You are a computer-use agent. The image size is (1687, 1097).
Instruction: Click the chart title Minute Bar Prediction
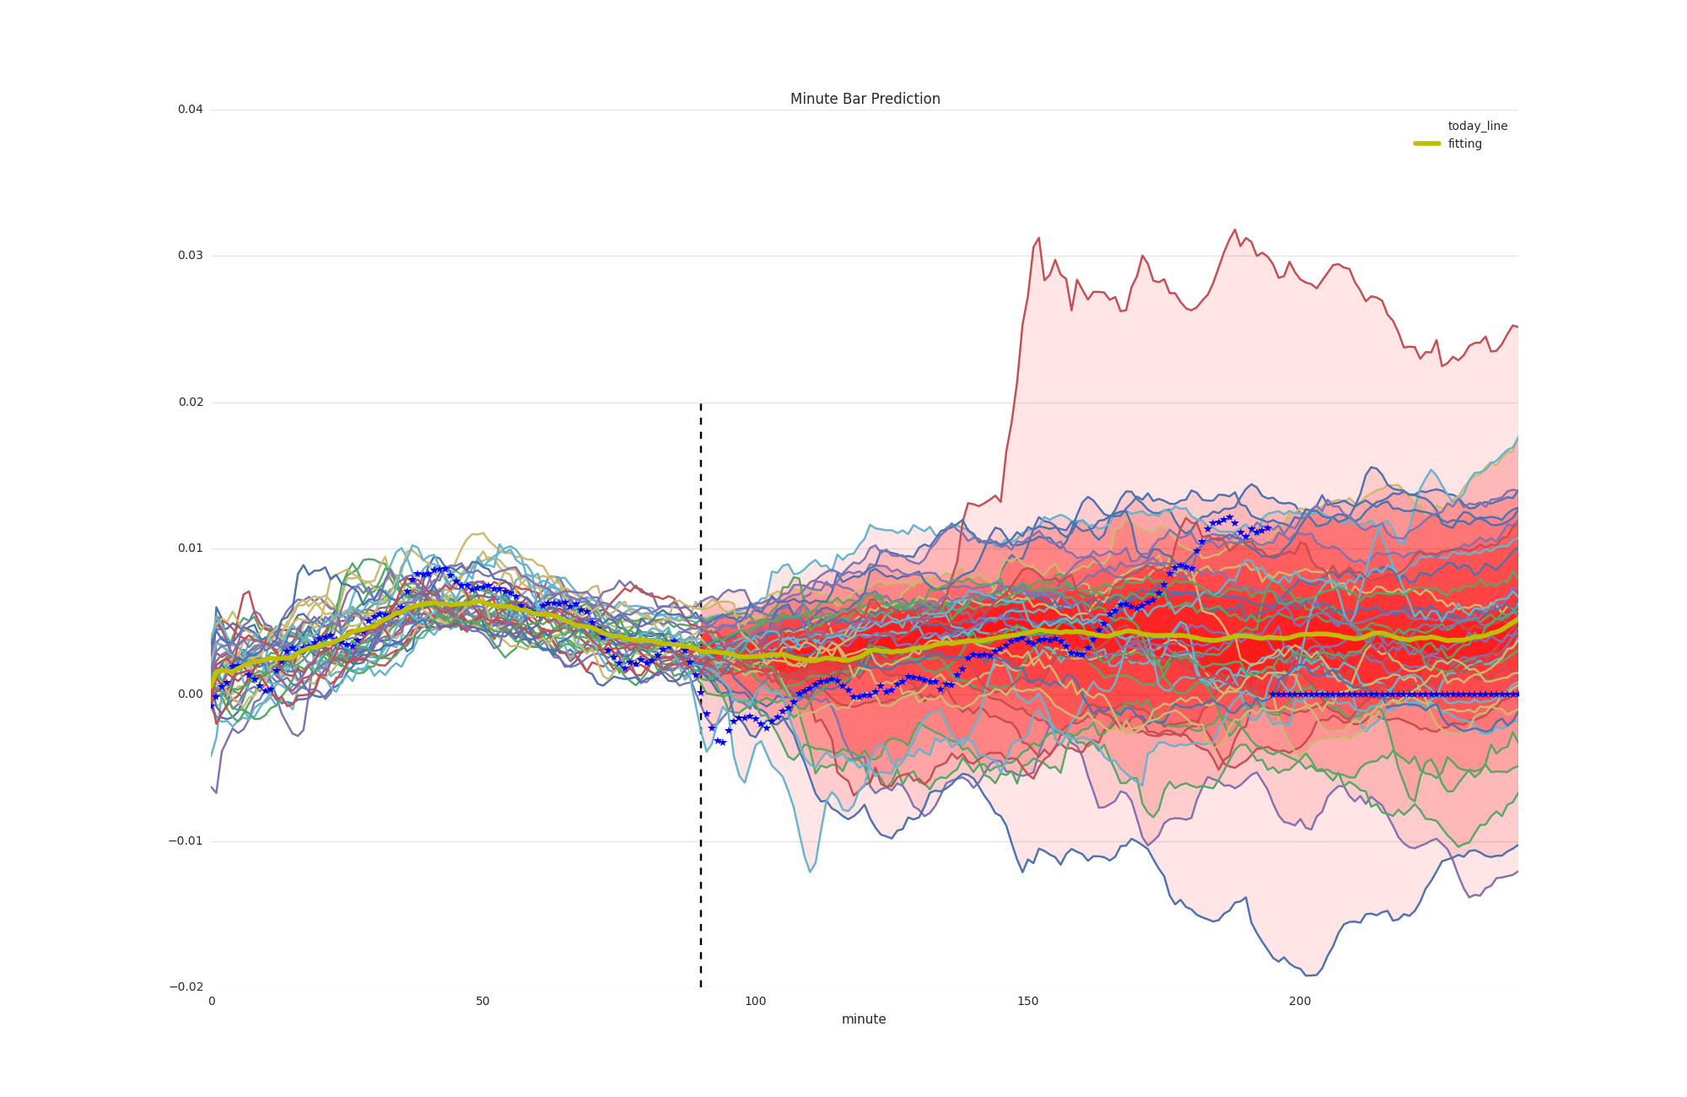[865, 99]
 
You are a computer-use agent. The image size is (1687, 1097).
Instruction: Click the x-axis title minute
[864, 1019]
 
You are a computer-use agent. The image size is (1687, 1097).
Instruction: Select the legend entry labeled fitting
[1465, 143]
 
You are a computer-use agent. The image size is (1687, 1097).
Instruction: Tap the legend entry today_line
[1477, 126]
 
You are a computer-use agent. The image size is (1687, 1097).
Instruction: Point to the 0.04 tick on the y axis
[190, 110]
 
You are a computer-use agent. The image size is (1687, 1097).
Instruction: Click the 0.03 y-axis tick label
[190, 256]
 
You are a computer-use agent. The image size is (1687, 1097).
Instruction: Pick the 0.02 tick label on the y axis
[190, 403]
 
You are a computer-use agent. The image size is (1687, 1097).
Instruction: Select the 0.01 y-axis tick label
[190, 548]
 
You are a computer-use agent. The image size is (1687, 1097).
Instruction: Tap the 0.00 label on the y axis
[190, 694]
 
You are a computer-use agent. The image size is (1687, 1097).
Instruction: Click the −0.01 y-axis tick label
[186, 841]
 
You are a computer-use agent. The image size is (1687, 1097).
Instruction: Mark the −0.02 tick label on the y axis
[186, 987]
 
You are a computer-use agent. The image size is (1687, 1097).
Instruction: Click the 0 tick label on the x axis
[212, 1002]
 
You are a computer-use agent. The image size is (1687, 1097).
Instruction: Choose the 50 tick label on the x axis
[482, 1002]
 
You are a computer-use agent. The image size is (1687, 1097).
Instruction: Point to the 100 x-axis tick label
[755, 1002]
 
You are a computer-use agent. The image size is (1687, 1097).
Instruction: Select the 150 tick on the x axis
[1027, 1002]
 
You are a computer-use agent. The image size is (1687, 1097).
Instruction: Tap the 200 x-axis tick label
[1300, 1002]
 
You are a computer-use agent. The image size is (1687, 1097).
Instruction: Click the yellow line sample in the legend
[1427, 143]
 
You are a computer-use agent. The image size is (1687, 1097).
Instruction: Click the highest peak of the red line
[1235, 230]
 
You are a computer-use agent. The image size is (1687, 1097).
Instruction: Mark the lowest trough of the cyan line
[810, 872]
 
